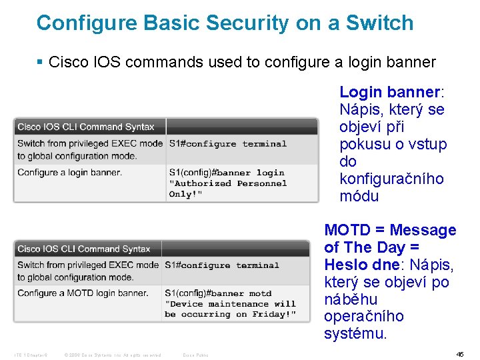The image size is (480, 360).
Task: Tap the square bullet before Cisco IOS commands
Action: coord(40,63)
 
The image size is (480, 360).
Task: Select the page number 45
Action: coord(459,355)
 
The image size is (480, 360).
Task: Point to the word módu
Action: coord(359,196)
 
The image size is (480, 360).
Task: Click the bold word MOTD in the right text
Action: coord(347,231)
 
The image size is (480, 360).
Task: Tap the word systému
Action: coord(355,333)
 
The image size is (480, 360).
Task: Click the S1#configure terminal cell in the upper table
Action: coord(227,143)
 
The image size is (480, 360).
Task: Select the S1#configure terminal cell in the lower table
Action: coord(222,265)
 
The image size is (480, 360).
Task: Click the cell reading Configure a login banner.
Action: coord(70,173)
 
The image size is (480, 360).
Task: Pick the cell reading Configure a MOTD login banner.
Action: coord(83,293)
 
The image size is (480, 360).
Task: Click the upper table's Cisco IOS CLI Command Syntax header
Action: coord(86,127)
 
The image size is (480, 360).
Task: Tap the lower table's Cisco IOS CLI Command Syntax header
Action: coord(84,249)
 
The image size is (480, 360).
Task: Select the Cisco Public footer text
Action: coord(195,355)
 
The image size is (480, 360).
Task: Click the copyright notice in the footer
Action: coord(112,355)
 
